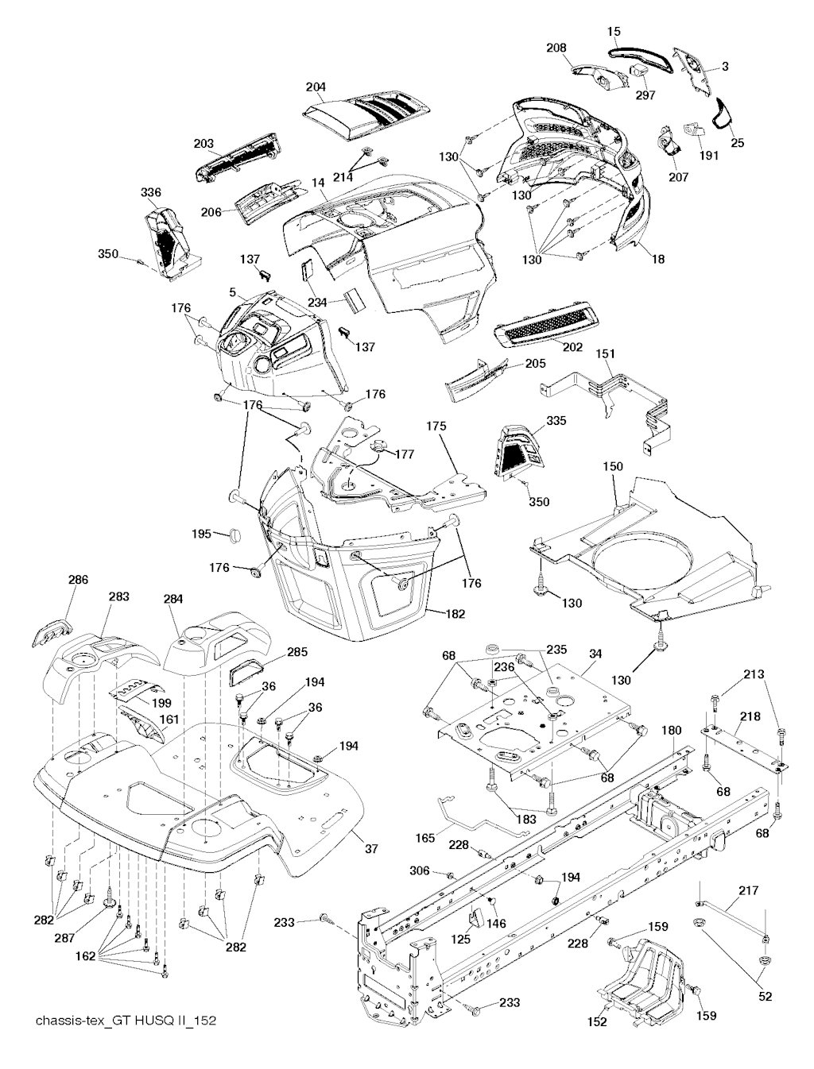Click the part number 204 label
point(316,86)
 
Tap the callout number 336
point(150,192)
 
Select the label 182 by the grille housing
point(455,614)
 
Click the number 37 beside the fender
point(371,849)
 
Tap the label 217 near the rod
point(749,891)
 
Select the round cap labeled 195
point(235,535)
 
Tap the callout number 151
point(606,353)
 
